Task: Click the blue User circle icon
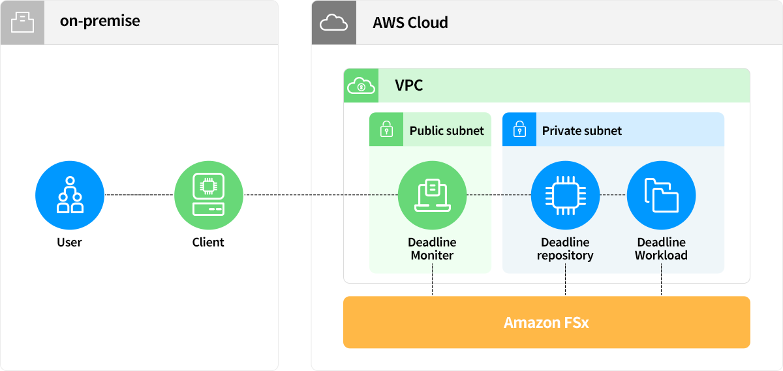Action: point(70,195)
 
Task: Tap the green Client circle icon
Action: point(209,195)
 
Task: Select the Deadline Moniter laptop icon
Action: point(432,195)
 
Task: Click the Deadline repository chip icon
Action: point(565,195)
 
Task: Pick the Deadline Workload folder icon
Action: point(661,195)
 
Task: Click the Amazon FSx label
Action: point(546,322)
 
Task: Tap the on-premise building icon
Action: point(22,22)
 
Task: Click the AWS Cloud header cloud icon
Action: point(333,23)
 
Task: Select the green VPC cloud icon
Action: point(361,85)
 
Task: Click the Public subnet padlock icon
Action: point(386,129)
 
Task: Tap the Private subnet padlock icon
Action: point(519,129)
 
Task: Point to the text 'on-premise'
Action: point(100,21)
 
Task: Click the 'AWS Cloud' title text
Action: point(410,23)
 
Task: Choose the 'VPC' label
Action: point(409,85)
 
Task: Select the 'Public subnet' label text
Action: point(447,130)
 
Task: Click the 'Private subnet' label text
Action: point(582,130)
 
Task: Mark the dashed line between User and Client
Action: point(139,195)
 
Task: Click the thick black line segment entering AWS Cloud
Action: point(294,195)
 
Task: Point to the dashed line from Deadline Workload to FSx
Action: point(662,282)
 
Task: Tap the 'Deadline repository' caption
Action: point(565,249)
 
